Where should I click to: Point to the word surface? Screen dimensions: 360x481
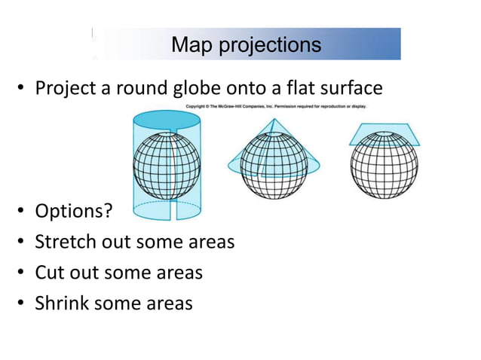(x=353, y=89)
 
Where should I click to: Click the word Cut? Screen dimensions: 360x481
(x=48, y=272)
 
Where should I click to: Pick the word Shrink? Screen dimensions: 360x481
(x=61, y=303)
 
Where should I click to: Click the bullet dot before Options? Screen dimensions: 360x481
(x=22, y=212)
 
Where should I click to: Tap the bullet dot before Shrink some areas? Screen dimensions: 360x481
(x=22, y=304)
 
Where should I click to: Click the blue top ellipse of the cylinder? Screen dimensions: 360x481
(x=166, y=120)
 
